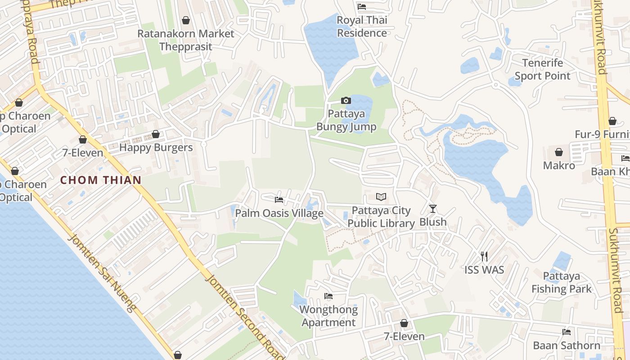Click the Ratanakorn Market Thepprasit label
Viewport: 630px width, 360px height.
[185, 40]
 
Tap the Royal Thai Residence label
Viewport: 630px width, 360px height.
[362, 27]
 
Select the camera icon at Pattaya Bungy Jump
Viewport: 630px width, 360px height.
[346, 100]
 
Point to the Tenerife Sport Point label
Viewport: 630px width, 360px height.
[542, 69]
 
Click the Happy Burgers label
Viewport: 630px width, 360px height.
[156, 147]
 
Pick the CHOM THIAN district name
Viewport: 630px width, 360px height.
[101, 180]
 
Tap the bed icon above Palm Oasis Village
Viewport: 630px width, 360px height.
[279, 199]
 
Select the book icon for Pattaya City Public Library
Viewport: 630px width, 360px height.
[381, 197]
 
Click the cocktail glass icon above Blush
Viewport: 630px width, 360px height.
[433, 208]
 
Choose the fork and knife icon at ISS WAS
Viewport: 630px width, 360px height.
[484, 256]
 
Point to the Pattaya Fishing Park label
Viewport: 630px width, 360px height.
[562, 282]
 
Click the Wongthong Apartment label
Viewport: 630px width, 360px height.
[329, 316]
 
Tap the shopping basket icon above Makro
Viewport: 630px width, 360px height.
[559, 152]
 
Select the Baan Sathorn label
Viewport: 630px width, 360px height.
[567, 345]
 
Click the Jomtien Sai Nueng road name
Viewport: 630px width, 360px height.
[101, 272]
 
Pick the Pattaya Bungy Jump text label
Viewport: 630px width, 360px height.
[346, 120]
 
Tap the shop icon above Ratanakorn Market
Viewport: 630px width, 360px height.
[185, 20]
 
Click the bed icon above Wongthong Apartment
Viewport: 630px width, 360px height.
[328, 296]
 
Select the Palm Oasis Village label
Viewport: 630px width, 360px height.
[279, 213]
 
